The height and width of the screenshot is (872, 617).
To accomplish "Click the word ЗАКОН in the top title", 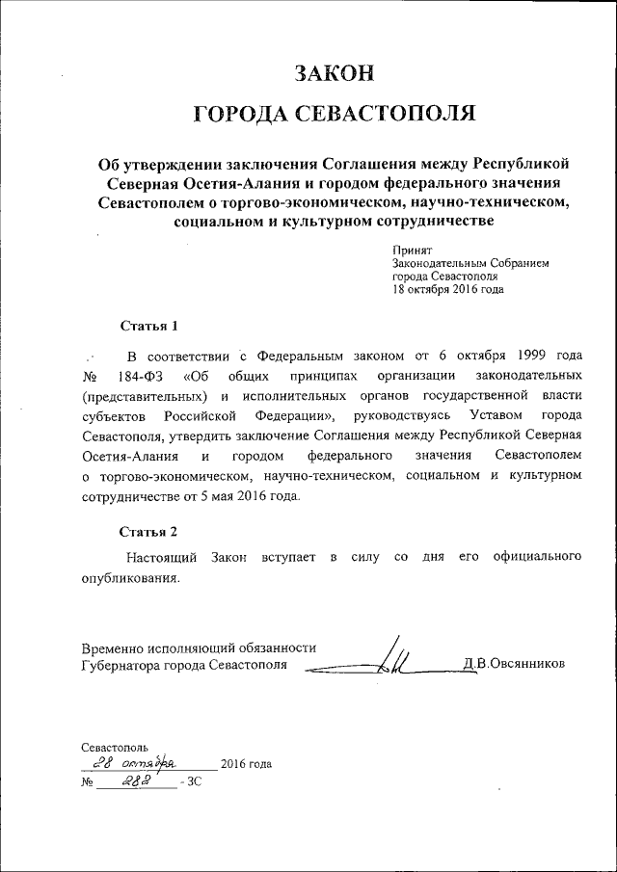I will [334, 72].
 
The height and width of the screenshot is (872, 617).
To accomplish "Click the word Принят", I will [412, 250].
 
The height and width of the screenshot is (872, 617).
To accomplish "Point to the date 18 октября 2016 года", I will [447, 289].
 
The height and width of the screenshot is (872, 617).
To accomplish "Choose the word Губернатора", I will [122, 666].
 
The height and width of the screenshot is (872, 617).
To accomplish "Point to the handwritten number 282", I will [138, 783].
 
